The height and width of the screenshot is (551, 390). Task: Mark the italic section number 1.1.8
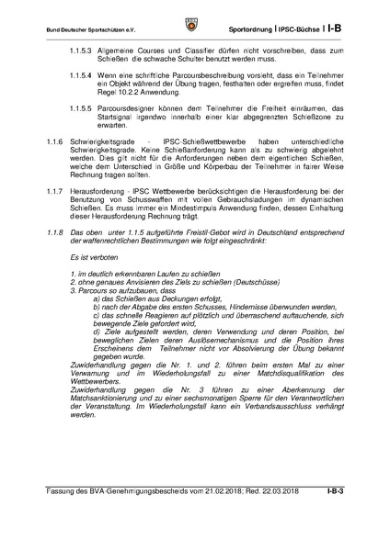tap(56, 262)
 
